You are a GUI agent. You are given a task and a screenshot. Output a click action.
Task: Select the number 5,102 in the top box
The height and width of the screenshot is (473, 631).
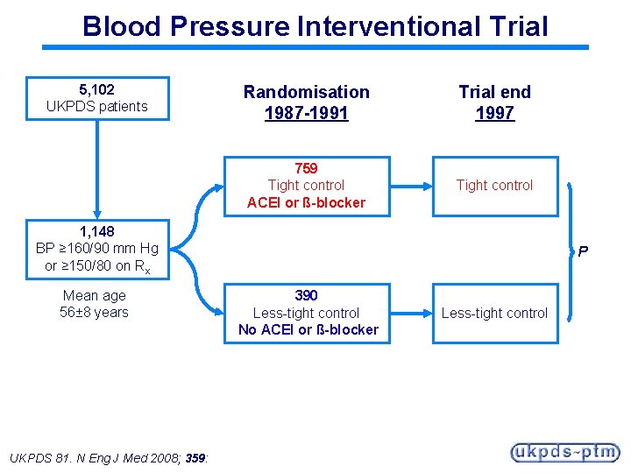(x=96, y=89)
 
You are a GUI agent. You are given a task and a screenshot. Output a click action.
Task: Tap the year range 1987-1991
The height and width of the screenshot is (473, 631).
(x=306, y=113)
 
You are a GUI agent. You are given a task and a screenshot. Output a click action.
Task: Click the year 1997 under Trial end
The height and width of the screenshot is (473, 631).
(x=494, y=113)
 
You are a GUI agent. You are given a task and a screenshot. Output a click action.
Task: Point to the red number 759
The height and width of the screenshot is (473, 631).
(x=306, y=168)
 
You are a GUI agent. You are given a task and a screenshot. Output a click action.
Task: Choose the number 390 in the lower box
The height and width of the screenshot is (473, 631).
(x=306, y=295)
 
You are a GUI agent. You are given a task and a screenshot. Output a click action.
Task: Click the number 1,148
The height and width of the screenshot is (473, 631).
(x=96, y=232)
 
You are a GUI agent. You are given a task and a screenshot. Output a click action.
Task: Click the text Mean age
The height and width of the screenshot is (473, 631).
(x=95, y=295)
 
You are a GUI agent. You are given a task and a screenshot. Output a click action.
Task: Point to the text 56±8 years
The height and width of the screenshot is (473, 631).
(x=95, y=312)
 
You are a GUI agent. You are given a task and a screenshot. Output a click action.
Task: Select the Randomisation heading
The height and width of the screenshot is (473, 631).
(x=306, y=92)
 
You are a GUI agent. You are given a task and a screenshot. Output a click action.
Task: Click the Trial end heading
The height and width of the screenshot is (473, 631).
(x=494, y=92)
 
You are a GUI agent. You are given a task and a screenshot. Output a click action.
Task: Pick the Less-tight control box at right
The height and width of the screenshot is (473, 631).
(x=494, y=313)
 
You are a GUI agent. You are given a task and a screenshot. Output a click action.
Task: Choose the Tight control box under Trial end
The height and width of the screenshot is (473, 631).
(x=494, y=185)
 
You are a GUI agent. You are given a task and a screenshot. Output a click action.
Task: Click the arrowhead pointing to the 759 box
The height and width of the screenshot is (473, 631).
(x=216, y=186)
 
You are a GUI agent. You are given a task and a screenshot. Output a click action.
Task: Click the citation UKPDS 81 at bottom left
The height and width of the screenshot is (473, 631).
(x=40, y=457)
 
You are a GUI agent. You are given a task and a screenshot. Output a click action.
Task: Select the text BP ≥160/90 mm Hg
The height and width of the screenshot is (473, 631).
(x=96, y=249)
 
